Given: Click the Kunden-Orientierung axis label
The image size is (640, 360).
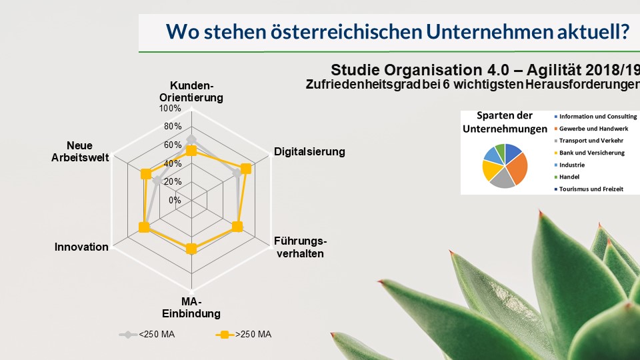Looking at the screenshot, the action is [x=191, y=92].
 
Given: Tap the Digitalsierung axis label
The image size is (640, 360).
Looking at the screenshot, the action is [x=309, y=152].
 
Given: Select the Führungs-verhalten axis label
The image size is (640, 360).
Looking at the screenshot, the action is [x=301, y=247].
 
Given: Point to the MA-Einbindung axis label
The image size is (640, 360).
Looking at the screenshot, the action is [x=191, y=308].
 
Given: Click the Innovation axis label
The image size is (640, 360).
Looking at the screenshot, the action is [x=81, y=247].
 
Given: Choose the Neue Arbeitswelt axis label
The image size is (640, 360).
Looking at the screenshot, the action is [x=80, y=151].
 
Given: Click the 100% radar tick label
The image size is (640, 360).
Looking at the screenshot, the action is [x=170, y=109].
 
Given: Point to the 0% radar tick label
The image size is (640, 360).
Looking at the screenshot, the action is [x=175, y=201].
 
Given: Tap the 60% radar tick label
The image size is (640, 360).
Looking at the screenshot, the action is [x=173, y=145].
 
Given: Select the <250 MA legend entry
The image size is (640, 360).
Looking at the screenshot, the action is [x=147, y=335].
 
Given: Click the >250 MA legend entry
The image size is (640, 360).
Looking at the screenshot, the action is [x=244, y=335].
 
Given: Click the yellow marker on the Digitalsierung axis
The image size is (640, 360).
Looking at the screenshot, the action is [x=246, y=169].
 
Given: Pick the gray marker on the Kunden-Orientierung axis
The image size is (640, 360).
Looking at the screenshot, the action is [x=191, y=139].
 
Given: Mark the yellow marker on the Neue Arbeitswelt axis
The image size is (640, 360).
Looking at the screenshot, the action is [x=145, y=174].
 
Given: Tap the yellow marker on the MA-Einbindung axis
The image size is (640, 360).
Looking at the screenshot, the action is [x=191, y=249].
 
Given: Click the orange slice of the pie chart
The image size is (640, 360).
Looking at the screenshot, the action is [x=517, y=167].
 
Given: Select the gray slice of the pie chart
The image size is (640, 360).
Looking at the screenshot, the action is [x=501, y=179].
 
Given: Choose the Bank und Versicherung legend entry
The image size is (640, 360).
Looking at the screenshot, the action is [x=589, y=153].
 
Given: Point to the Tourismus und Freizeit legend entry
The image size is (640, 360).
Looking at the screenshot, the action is [x=589, y=189].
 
